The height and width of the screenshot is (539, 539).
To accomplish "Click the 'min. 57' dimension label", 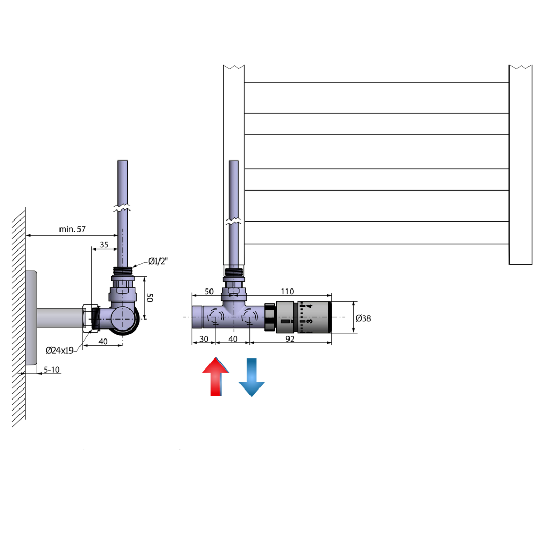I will tap(72, 229).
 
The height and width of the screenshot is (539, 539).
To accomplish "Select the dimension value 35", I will tap(104, 245).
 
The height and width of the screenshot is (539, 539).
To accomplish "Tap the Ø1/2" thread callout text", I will tap(158, 261).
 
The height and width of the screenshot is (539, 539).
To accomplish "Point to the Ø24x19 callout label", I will tap(59, 350).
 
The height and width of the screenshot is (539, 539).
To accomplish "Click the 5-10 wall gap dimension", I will tap(51, 370).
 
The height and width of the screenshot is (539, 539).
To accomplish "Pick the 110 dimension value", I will tap(287, 292).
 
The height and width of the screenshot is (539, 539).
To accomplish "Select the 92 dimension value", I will tap(290, 340).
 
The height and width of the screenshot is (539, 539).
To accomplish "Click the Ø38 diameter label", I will tap(363, 318).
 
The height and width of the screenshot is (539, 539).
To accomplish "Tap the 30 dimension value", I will tap(204, 340).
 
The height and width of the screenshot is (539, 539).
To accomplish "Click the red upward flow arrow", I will tap(216, 377).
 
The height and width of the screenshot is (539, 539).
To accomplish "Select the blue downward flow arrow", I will tap(252, 377).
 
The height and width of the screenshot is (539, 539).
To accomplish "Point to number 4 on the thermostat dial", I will tap(310, 305).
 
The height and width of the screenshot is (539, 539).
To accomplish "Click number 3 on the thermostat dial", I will tap(310, 321).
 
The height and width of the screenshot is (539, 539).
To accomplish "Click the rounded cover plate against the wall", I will tap(31, 318).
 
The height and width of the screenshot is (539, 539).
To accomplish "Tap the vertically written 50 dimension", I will tap(149, 297).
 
